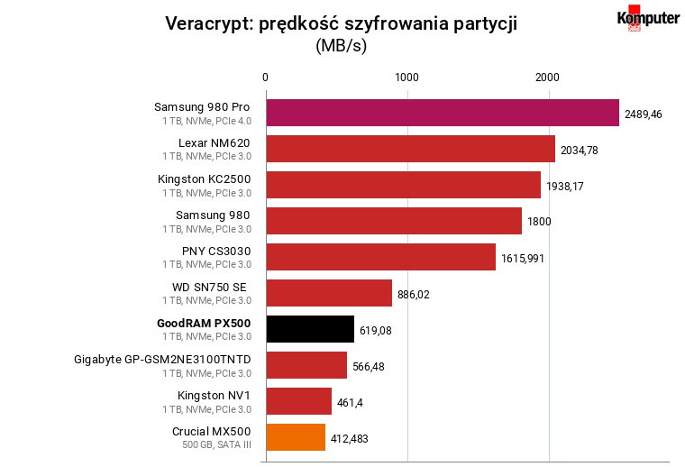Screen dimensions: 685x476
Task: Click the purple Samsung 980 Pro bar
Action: tap(443, 113)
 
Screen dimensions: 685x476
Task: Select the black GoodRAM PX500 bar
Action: tap(310, 329)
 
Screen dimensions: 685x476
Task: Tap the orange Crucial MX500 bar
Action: tap(296, 437)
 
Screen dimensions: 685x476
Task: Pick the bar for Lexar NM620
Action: tap(411, 149)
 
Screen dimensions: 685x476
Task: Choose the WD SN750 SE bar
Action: tap(329, 293)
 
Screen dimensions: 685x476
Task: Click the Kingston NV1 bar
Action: tap(299, 401)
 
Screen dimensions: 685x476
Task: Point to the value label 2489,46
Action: tap(643, 114)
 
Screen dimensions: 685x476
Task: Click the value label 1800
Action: tap(539, 222)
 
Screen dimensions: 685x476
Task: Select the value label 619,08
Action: tap(375, 331)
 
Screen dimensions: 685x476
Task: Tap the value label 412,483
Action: tap(349, 438)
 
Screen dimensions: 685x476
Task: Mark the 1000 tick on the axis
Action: tap(406, 78)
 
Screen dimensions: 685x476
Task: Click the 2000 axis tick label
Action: tap(547, 78)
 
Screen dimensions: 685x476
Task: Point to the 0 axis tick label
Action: tap(265, 78)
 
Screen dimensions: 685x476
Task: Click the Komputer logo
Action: tap(648, 18)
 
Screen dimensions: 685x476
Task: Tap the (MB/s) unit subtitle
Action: tap(342, 45)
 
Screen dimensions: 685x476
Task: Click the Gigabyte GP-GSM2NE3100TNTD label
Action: tap(162, 360)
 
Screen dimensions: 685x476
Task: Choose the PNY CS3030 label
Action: tap(216, 252)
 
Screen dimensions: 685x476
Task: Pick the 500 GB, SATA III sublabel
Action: tap(216, 444)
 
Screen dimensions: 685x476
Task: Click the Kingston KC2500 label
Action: tap(204, 179)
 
